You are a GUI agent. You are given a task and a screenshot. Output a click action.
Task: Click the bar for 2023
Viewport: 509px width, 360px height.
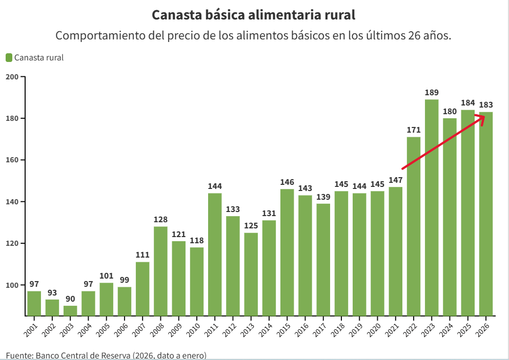[x=432, y=207]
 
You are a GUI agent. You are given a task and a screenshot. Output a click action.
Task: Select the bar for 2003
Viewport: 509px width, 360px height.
[x=70, y=310]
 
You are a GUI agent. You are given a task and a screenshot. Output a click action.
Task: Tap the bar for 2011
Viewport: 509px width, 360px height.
[x=215, y=254]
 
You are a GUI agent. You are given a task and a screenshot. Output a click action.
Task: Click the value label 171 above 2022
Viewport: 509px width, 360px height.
[x=414, y=130]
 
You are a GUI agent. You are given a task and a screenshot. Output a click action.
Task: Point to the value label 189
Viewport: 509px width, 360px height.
[x=432, y=93]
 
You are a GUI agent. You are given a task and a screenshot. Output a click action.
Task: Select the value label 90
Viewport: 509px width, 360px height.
[x=70, y=299]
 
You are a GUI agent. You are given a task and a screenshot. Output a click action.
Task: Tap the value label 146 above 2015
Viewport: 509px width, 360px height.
[x=287, y=182]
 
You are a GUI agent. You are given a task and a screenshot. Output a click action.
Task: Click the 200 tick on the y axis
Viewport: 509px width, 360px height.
[x=12, y=77]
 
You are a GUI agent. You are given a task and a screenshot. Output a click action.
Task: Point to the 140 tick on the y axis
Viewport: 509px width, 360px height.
[x=12, y=202]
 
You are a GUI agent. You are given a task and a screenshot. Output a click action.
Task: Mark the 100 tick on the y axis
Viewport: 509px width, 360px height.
[x=12, y=285]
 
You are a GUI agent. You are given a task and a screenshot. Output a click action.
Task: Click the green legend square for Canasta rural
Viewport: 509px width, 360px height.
[x=9, y=57]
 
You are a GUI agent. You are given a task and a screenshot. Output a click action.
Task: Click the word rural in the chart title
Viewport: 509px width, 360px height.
[x=335, y=15]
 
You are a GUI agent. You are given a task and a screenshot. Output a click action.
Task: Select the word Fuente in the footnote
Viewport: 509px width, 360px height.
[x=19, y=355]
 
